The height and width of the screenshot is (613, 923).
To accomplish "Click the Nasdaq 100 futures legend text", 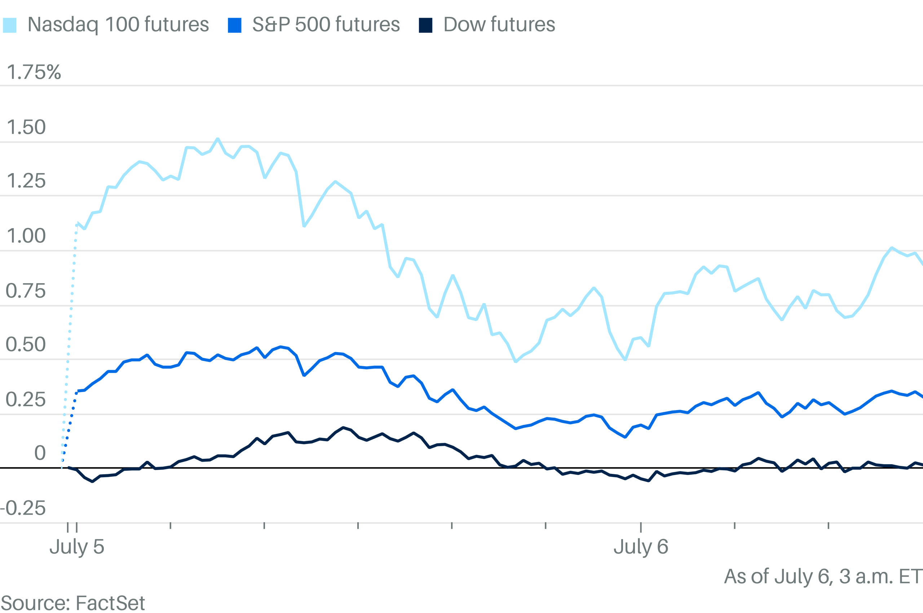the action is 118,25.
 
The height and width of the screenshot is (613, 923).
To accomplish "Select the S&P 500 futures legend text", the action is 326,25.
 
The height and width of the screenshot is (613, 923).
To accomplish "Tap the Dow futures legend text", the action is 499,25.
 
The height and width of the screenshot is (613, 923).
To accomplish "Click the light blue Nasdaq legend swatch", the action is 9,26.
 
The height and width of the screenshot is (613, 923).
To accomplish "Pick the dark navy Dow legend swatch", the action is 425,26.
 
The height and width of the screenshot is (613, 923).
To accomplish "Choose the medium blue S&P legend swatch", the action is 235,26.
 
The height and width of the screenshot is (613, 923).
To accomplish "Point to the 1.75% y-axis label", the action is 34,72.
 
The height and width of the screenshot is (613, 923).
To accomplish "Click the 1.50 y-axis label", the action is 26,128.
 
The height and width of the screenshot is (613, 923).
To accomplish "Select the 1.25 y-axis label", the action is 26,181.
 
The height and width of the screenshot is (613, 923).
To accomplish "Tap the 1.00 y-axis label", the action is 26,236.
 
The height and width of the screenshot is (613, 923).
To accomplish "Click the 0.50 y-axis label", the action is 26,345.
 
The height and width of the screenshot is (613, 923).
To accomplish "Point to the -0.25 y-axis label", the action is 23,508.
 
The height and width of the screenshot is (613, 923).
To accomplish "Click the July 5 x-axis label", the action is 77,547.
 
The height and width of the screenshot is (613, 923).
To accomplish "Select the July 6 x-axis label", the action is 641,547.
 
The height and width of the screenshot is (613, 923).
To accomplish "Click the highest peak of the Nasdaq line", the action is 218,139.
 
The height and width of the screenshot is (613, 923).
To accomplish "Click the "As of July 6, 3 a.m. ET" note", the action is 823,577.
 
